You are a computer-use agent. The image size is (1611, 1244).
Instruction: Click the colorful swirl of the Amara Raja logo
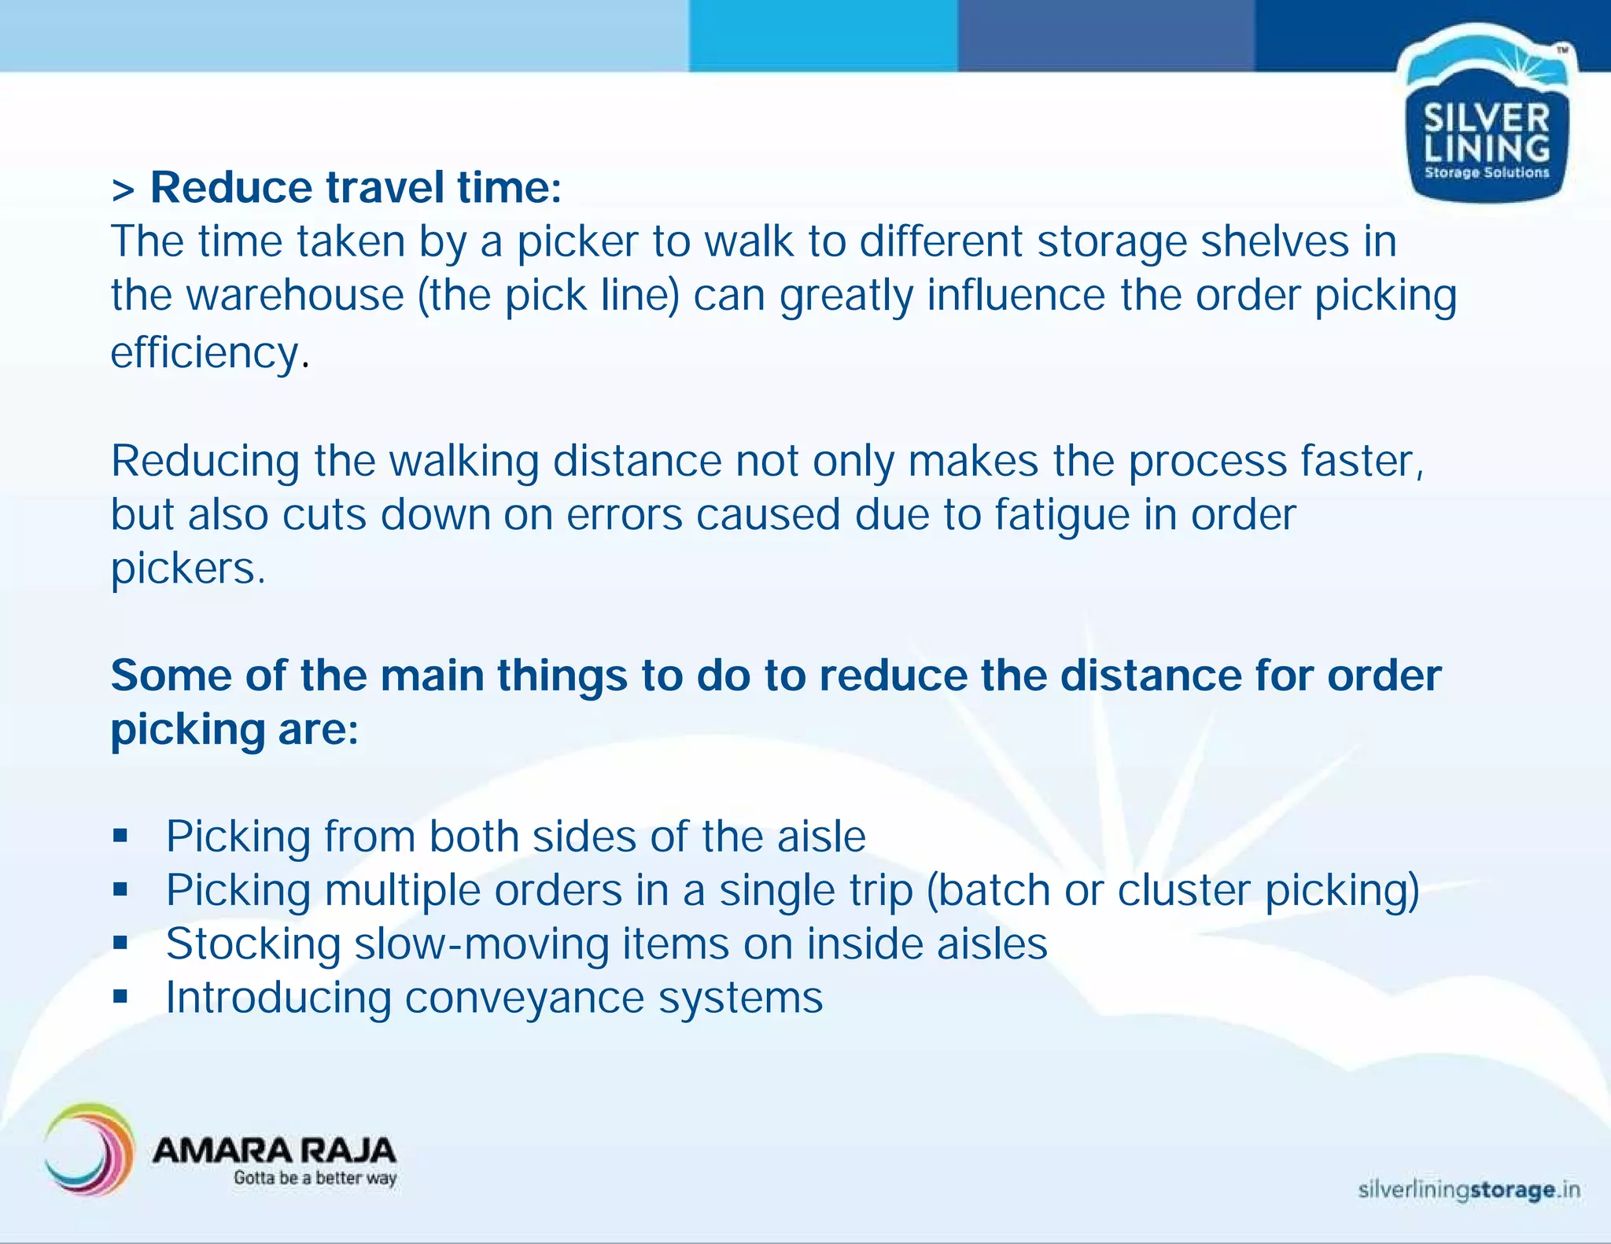[x=88, y=1150]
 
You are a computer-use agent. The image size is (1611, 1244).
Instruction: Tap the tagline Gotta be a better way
[x=315, y=1178]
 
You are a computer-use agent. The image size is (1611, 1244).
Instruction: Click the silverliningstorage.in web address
[x=1469, y=1190]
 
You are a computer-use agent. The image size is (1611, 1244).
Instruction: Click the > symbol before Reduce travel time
[x=123, y=191]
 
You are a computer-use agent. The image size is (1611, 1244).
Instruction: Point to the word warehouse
[x=295, y=296]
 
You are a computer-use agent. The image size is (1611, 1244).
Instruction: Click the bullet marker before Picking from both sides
[x=120, y=836]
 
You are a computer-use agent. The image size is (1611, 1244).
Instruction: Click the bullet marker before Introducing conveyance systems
[x=120, y=997]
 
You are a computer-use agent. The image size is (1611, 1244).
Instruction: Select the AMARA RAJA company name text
[x=274, y=1151]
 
